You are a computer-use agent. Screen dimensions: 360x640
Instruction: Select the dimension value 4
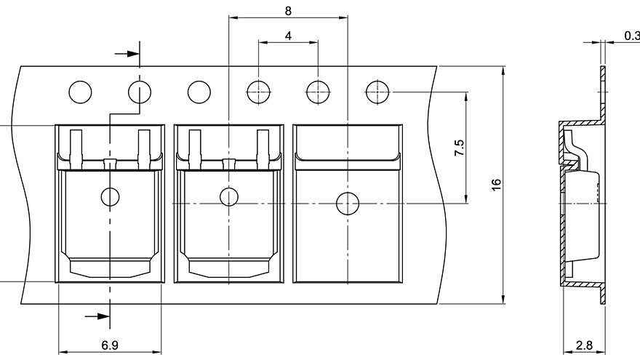pos(288,35)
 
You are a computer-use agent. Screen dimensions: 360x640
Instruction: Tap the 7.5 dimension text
pos(459,148)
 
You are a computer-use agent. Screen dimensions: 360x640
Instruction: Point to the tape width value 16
pos(496,185)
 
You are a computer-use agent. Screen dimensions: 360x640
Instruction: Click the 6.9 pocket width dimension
pos(110,345)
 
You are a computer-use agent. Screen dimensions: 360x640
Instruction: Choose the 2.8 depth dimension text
pos(583,346)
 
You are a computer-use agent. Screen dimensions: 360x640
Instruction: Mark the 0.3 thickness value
pos(631,35)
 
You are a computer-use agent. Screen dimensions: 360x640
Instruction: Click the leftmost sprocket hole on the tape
pos(81,92)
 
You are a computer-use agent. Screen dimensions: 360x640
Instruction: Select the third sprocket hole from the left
pos(199,92)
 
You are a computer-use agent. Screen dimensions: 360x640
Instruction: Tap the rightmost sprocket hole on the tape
pos(377,92)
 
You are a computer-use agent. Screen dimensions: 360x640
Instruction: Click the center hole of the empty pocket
pos(348,204)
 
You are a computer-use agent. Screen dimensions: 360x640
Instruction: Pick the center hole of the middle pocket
pos(229,196)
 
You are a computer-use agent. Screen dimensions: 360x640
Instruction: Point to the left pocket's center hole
pos(110,196)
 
